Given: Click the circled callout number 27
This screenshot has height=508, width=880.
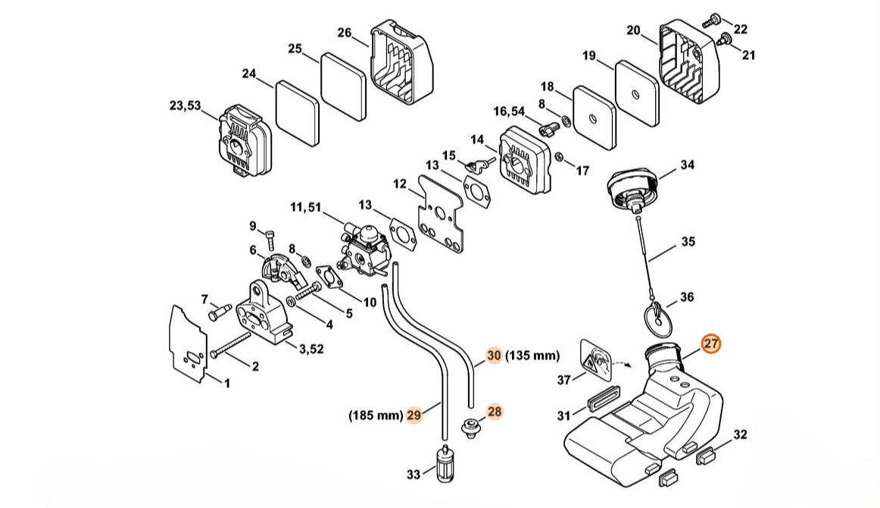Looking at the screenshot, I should (x=710, y=344).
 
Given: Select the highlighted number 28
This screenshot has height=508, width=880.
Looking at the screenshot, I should (x=495, y=411).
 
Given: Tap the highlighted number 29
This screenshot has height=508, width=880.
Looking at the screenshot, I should (x=413, y=415).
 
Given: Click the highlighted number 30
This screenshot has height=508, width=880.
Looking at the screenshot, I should (x=494, y=355).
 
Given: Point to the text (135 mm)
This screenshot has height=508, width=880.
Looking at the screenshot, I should (x=532, y=355).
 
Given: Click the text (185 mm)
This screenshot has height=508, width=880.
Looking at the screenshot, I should (x=375, y=415).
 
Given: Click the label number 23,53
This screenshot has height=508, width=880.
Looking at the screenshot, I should (x=185, y=106).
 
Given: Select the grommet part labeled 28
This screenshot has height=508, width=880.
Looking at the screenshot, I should (x=470, y=428).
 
